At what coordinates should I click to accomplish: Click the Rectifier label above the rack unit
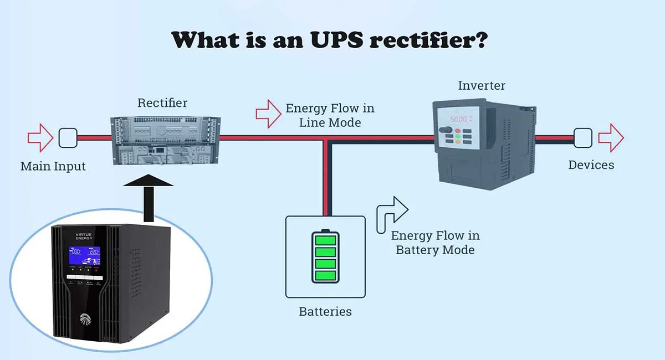click(162, 102)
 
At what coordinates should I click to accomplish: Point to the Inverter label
click(482, 85)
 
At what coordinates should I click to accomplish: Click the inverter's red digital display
click(460, 119)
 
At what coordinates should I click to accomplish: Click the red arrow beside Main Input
click(40, 138)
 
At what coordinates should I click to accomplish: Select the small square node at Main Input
click(68, 138)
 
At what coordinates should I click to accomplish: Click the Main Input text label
click(53, 166)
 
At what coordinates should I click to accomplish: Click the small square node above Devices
click(582, 138)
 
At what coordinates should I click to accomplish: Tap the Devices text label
click(591, 164)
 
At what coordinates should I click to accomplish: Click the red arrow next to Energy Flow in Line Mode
click(269, 114)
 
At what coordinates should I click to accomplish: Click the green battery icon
click(325, 256)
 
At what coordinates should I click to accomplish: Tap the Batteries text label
click(325, 311)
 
